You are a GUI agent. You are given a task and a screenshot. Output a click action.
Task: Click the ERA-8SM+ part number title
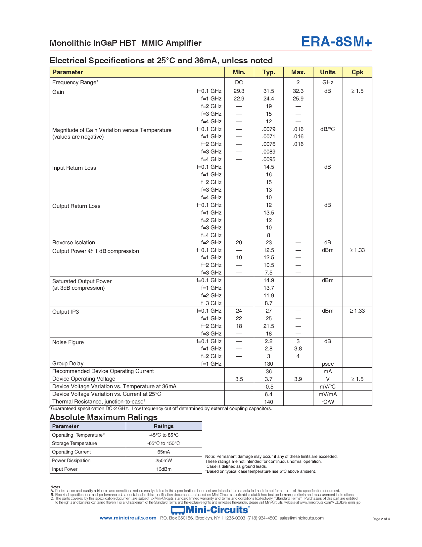336,42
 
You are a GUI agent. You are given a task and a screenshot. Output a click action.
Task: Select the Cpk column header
357,72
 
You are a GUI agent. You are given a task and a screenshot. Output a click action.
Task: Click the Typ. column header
268,72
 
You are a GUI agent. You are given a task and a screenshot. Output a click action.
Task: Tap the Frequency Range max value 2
298,83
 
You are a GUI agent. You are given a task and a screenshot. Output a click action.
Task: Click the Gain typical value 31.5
268,91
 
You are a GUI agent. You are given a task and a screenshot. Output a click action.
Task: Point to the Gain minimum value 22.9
239,99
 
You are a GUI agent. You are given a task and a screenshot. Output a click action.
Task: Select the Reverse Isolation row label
73,243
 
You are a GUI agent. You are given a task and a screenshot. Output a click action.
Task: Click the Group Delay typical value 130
268,364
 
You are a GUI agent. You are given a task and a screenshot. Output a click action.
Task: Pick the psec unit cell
327,364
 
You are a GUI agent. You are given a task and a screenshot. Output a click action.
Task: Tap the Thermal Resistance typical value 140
268,402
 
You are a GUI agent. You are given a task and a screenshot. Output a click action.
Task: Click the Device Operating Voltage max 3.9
298,379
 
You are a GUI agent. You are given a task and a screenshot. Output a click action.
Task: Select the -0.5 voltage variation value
268,387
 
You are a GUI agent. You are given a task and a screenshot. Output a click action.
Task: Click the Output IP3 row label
66,312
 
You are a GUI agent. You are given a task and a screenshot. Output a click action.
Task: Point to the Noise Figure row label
68,342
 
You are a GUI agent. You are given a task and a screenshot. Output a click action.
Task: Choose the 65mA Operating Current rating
164,452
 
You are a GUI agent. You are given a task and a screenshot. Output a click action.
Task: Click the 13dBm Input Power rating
164,469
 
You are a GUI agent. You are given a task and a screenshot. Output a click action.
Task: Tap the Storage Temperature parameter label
74,444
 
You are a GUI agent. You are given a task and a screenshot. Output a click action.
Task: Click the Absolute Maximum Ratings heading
103,417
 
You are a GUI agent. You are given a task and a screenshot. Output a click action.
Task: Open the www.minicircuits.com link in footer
128,518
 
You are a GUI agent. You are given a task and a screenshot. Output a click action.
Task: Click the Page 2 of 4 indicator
381,519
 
